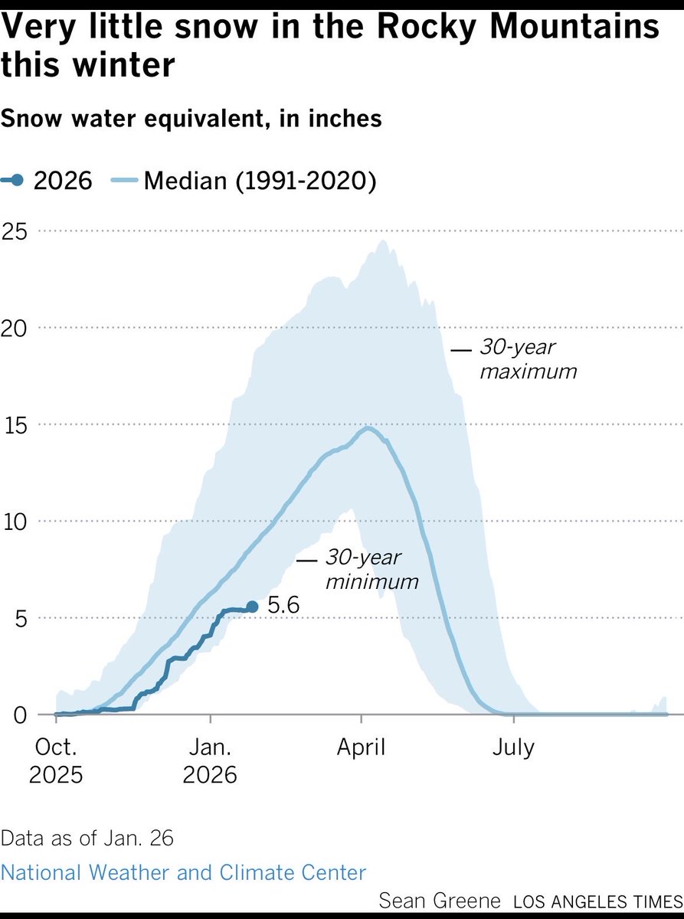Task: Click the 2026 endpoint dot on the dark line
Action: coord(252,607)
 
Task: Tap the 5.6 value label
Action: coord(283,607)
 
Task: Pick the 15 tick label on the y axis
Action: coord(15,424)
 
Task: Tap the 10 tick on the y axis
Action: coord(15,522)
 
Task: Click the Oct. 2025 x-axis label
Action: coord(56,760)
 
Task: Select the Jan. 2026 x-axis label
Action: coord(211,760)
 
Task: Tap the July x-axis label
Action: coord(512,746)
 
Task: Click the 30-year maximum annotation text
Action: coord(527,359)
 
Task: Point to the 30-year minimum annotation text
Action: coord(372,569)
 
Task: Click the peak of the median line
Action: coord(368,428)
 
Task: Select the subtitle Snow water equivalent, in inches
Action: coord(191,119)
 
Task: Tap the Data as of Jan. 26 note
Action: coord(87,837)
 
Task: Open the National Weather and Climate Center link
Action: coord(184,872)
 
